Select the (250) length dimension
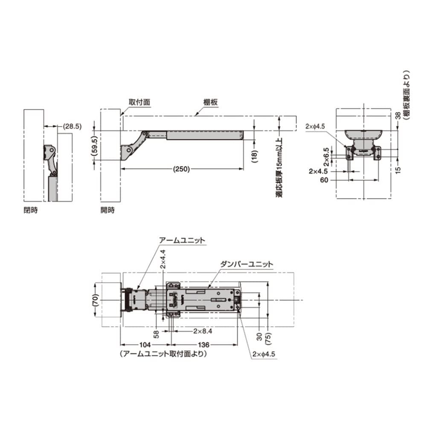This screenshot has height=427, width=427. [x=181, y=169]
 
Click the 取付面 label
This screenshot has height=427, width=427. [x=139, y=102]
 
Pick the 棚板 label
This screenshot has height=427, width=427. [x=210, y=102]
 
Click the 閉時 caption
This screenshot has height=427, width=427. [x=31, y=210]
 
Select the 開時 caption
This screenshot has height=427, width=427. [x=107, y=210]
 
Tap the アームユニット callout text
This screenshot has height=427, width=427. [x=182, y=241]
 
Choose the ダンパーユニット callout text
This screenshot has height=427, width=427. [x=247, y=264]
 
